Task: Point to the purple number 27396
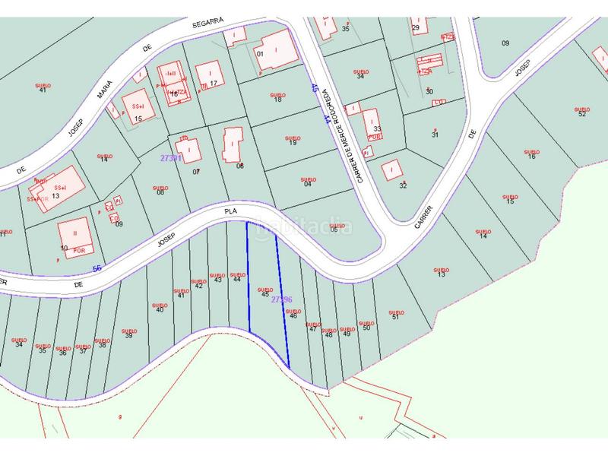tap(282, 299)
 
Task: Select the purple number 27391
tap(170, 158)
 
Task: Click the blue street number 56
tap(97, 268)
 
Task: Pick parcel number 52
tap(582, 114)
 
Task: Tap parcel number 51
tap(394, 317)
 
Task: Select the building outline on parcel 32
tap(391, 169)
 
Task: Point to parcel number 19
tap(293, 143)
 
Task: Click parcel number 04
tap(308, 184)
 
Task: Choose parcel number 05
tap(334, 230)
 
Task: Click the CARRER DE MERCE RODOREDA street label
tap(352, 133)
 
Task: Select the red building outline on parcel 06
tap(231, 144)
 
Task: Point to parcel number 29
tap(416, 28)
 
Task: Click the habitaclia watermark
tap(304, 226)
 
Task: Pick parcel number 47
tap(312, 328)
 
